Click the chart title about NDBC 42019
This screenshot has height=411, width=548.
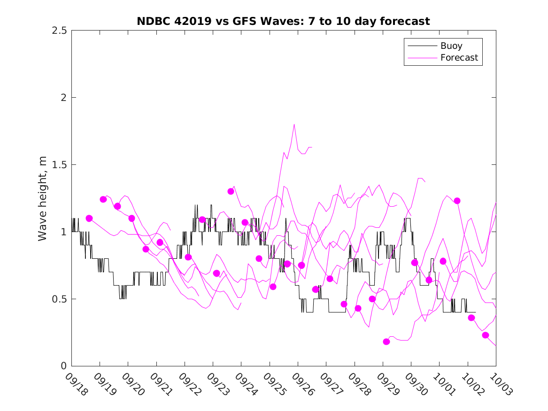pyautogui.click(x=283, y=21)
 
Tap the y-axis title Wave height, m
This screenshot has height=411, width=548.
pyautogui.click(x=43, y=198)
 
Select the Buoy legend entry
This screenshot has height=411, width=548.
pyautogui.click(x=451, y=46)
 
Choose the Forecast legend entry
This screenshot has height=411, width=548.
pyautogui.click(x=459, y=58)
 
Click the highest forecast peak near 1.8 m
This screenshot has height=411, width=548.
pyautogui.click(x=294, y=124)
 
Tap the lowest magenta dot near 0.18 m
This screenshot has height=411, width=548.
pyautogui.click(x=386, y=341)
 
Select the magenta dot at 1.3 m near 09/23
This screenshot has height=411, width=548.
pyautogui.click(x=231, y=191)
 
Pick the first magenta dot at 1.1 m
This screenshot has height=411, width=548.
pyautogui.click(x=89, y=218)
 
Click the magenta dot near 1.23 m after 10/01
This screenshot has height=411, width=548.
pyautogui.click(x=457, y=201)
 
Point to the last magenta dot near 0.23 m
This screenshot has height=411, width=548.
pyautogui.click(x=486, y=335)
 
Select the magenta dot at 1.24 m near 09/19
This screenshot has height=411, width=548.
pyautogui.click(x=103, y=199)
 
